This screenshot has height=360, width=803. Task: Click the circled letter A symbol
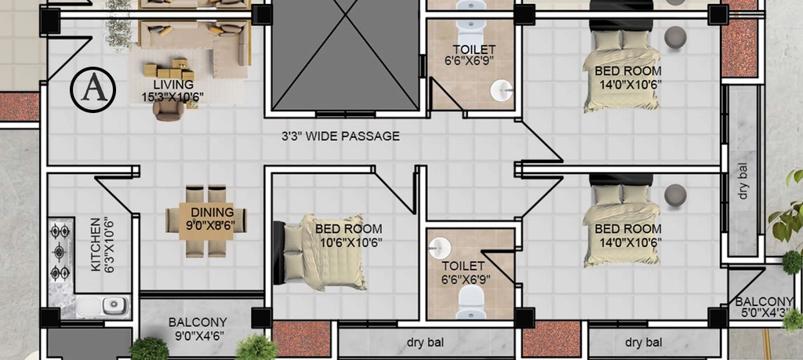pos(93,89)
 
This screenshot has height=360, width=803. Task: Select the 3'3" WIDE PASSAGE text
pos(340,136)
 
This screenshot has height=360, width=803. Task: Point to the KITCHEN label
pos(95,245)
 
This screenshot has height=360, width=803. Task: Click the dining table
pos(206,221)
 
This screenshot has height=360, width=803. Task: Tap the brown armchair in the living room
pos(169,110)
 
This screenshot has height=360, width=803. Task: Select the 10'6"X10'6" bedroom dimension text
pos(351,242)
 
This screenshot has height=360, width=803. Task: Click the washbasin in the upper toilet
pos(501,91)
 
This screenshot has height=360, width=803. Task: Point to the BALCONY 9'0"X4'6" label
pos(198,329)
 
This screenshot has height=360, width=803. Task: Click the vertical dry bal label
pos(743,181)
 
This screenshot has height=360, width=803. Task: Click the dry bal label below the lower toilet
pos(426,341)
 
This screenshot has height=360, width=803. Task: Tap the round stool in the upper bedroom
pos(675,38)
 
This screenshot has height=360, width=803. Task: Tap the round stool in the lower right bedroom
pos(675,195)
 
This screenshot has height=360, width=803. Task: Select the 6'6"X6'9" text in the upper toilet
pos(474,60)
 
